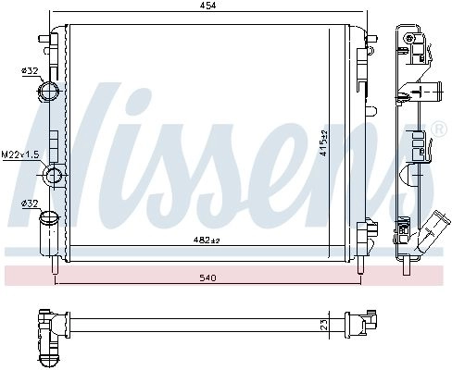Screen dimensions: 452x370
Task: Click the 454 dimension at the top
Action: coord(207,6)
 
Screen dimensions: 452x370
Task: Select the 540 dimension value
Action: coord(207,278)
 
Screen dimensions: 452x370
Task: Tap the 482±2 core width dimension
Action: coord(207,240)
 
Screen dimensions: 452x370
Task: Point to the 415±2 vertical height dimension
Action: coord(323,142)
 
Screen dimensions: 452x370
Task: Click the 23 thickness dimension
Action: coord(323,325)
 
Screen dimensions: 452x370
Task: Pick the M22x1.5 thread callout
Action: coord(20,154)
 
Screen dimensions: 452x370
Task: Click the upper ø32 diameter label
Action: coord(30,71)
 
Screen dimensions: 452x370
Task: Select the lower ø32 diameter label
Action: coord(30,203)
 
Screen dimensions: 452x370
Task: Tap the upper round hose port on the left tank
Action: coord(48,92)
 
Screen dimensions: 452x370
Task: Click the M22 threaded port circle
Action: coord(54,175)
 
